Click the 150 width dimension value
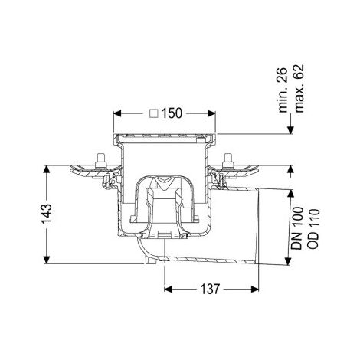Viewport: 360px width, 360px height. point(172,113)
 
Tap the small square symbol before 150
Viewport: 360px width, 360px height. point(154,113)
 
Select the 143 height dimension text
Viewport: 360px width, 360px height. point(47,214)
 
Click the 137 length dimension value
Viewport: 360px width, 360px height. point(210,289)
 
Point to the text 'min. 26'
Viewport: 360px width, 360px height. point(283,90)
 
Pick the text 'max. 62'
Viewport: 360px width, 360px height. point(299,88)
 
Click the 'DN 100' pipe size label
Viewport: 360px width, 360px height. point(297,228)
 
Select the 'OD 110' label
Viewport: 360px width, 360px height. point(313,229)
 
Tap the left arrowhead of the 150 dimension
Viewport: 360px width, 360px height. point(117,113)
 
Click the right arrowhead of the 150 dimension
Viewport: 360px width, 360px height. point(212,113)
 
